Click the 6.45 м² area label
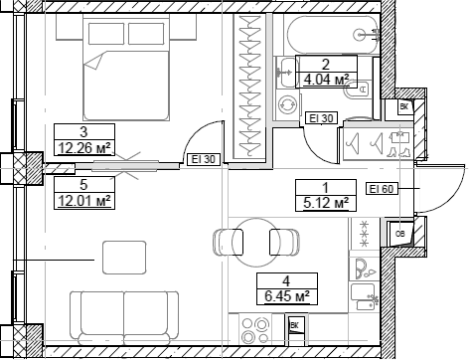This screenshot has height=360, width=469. [x=285, y=294]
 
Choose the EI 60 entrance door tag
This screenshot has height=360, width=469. [x=383, y=189]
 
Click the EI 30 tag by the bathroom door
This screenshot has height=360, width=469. [x=321, y=118]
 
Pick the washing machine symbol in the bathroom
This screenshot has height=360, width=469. [x=289, y=103]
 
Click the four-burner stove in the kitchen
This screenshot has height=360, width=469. [x=257, y=327]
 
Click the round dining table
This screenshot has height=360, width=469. [x=255, y=243]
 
